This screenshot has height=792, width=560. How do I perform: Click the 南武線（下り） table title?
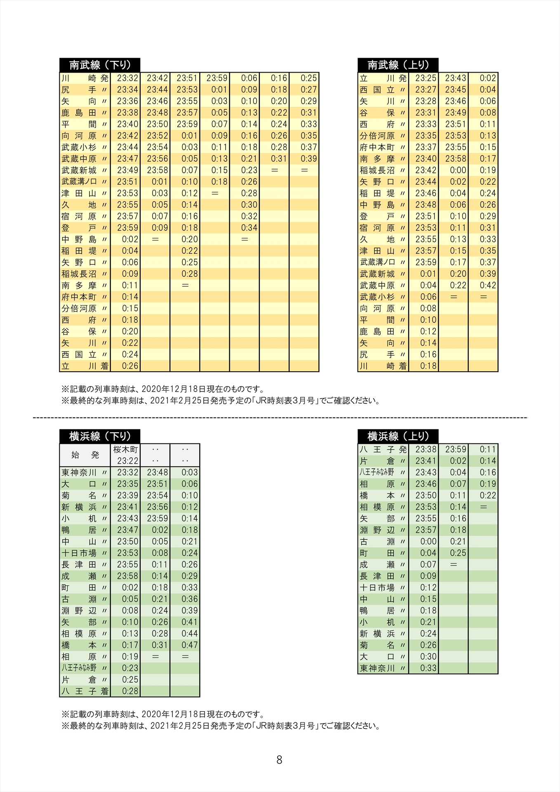pos(100,65)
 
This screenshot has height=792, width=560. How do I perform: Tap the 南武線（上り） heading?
pos(398,65)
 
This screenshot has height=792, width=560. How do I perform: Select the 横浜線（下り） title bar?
pos(100,436)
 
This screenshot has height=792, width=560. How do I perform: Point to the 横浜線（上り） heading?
pos(398,436)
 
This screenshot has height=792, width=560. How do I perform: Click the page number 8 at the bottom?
pos(279,760)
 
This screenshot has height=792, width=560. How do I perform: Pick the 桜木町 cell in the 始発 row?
pos(125,450)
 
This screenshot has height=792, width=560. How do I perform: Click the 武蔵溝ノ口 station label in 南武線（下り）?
pos(79,181)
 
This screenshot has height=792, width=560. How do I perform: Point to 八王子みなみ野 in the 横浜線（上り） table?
pos(377,472)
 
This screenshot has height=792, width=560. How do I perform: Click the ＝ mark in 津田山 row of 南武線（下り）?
pos(214,193)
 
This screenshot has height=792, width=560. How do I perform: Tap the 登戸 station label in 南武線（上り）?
pos(377,216)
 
